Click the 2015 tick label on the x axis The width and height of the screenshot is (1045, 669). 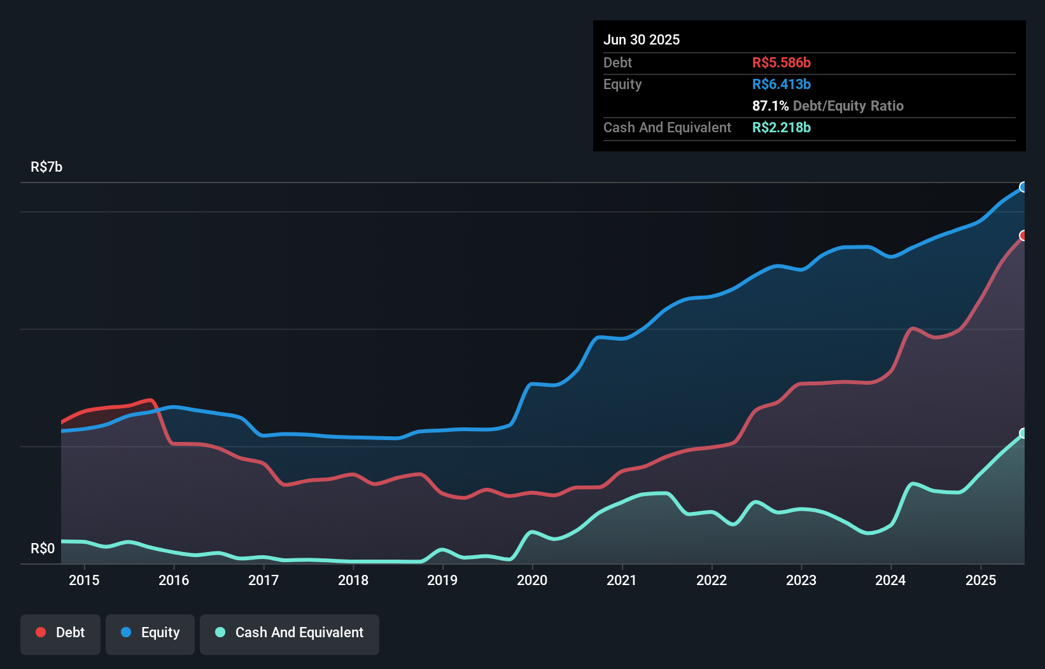pos(84,580)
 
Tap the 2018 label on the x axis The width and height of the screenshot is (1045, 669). pos(353,580)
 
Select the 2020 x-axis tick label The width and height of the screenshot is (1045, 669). pos(532,580)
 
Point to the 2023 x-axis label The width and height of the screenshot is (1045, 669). pos(801,580)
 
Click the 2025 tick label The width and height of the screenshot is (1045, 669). pos(981,580)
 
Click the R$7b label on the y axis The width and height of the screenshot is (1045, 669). pos(46,167)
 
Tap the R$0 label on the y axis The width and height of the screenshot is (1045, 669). pos(43,548)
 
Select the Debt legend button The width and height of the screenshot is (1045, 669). pos(60,633)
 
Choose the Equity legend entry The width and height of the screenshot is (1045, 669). pos(150,633)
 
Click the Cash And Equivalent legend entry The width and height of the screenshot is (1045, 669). pos(290,633)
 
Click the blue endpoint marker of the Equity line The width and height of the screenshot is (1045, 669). pos(1023,187)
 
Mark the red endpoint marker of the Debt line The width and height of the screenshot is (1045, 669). pos(1023,236)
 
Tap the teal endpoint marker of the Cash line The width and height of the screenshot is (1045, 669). pos(1023,433)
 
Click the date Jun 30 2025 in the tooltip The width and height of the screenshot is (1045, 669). pos(642,39)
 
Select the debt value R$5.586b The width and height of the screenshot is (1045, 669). pos(781,62)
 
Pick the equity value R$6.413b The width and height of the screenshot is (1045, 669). pos(781,84)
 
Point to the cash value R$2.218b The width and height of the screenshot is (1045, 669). pos(781,127)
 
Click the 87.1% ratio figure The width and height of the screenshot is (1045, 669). pos(770,106)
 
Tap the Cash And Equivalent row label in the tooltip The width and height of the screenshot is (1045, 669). pos(667,127)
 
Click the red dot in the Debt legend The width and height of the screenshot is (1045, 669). pos(41,632)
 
